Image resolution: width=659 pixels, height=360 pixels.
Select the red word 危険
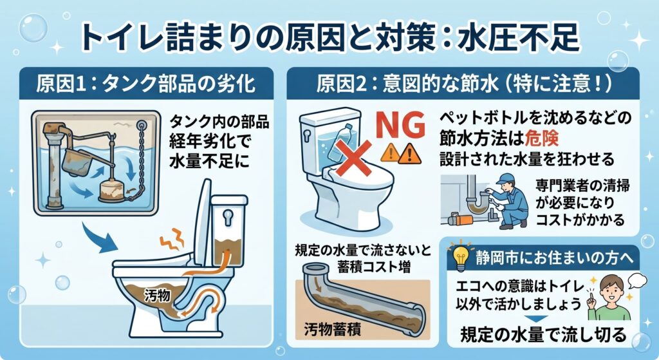(x=542, y=138)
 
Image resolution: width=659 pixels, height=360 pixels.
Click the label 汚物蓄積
(x=333, y=329)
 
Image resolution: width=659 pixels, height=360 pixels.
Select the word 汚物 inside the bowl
(x=157, y=296)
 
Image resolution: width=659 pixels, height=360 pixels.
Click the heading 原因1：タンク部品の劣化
(x=145, y=84)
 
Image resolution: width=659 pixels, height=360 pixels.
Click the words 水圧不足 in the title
(x=519, y=37)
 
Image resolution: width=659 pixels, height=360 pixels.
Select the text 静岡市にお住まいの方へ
(x=554, y=258)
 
